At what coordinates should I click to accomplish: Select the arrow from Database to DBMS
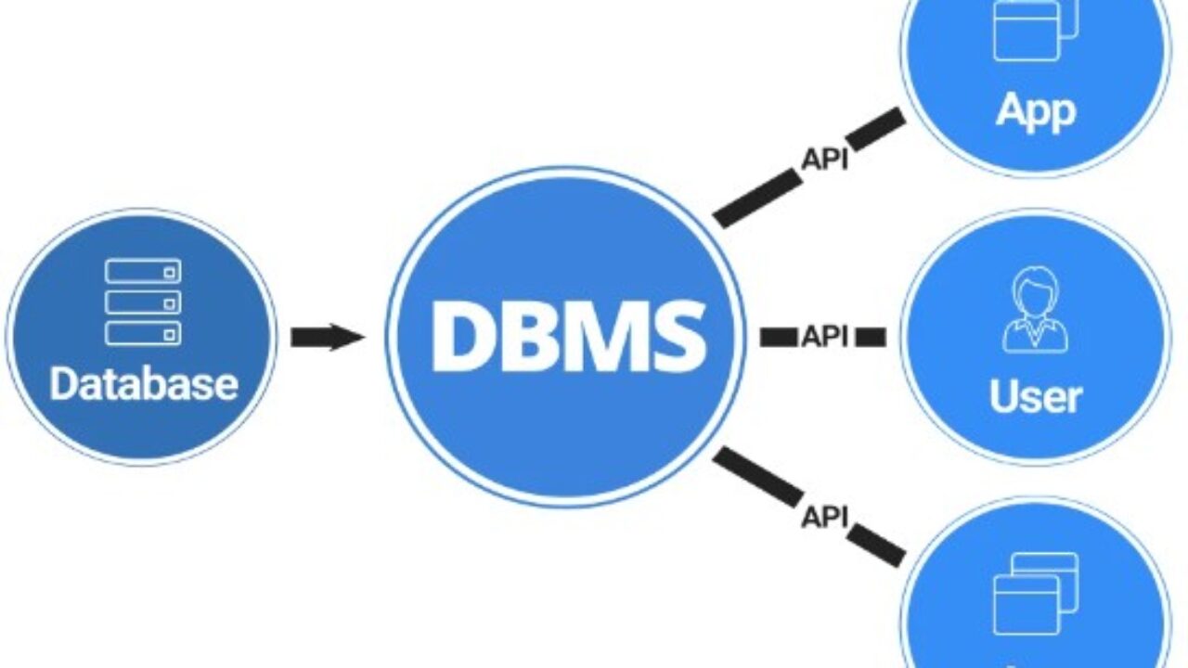pos(328,337)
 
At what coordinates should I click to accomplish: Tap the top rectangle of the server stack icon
pos(143,272)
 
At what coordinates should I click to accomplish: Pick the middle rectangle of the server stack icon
pos(143,302)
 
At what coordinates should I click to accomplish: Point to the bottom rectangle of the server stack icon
pos(143,333)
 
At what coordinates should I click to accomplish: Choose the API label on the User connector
pos(824,337)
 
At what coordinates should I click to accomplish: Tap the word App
pos(1036,110)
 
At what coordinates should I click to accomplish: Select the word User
pos(1036,397)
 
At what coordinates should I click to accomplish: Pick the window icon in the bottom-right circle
pos(1034,594)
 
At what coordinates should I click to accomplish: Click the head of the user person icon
pos(1035,289)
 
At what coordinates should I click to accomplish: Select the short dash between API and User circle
pos(870,337)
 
